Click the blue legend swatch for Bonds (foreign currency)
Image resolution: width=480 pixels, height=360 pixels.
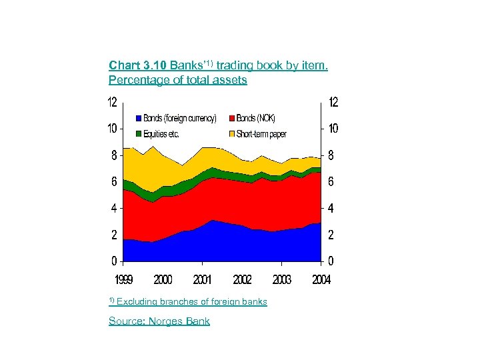pos(139,119)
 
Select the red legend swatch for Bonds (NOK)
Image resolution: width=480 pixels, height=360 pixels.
pos(231,119)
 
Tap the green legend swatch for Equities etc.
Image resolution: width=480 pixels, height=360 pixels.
pos(139,134)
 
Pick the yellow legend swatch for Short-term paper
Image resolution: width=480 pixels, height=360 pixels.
pos(231,134)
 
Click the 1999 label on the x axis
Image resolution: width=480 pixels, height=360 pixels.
pos(123,279)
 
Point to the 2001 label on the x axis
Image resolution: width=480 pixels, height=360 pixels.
pos(202,279)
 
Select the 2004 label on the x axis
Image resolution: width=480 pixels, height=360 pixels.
pos(321,279)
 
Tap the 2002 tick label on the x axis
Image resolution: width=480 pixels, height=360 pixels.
pos(242,279)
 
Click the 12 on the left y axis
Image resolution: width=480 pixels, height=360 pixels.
pos(113,103)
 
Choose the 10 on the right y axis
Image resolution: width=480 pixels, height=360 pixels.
pos(333,128)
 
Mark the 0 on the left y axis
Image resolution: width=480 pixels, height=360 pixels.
pos(114,261)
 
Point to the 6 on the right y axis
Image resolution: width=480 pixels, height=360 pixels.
pos(330,181)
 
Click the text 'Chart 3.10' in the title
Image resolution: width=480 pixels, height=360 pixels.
pos(138,65)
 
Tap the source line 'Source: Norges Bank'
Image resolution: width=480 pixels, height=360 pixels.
pos(159,321)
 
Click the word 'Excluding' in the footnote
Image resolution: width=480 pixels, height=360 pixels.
pos(139,302)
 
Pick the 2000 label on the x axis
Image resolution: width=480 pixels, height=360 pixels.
pos(163,279)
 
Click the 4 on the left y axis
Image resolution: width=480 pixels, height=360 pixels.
pos(114,208)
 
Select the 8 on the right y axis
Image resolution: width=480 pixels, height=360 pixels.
pos(330,155)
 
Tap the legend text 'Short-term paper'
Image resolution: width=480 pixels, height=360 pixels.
pos(261,134)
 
